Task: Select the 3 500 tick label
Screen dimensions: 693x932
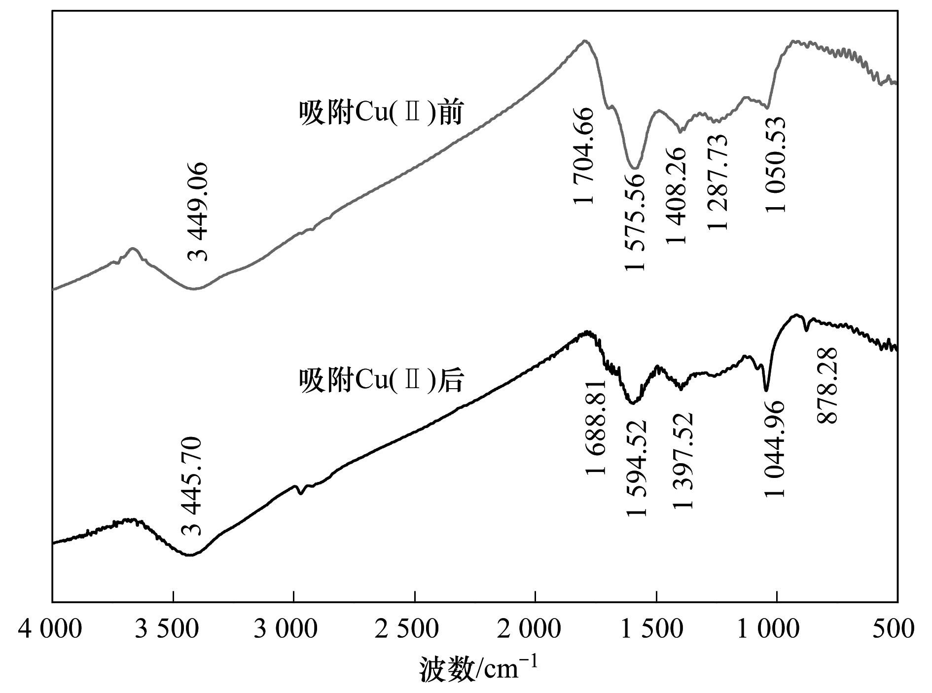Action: click(x=172, y=630)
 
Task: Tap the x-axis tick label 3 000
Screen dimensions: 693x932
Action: click(x=293, y=630)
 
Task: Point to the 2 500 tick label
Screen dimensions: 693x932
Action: click(x=414, y=630)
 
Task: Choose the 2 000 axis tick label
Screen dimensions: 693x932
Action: click(x=535, y=630)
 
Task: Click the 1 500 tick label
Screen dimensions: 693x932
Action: click(x=656, y=630)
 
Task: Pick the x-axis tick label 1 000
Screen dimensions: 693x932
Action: click(x=777, y=630)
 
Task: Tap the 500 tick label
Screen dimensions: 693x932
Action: click(x=897, y=630)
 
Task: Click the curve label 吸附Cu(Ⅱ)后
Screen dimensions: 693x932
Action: click(x=381, y=381)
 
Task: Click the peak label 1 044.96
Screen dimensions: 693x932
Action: click(x=775, y=448)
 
